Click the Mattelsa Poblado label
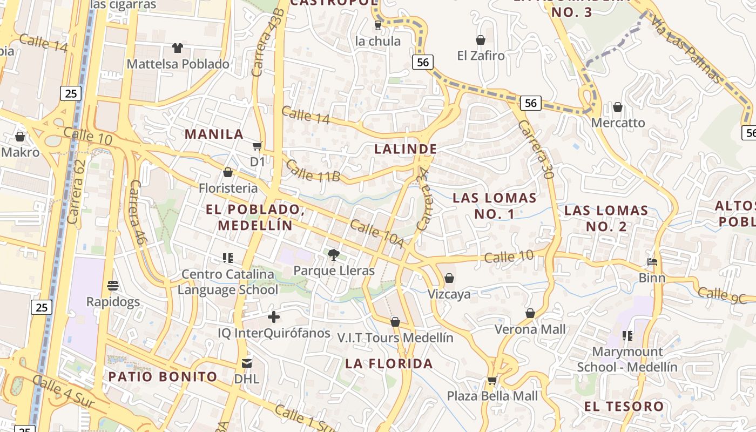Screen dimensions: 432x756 click(x=178, y=64)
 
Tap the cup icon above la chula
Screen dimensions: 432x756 click(x=378, y=25)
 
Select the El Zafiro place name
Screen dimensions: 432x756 click(x=481, y=55)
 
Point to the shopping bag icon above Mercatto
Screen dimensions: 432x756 click(x=618, y=107)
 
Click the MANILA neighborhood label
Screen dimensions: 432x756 click(x=214, y=134)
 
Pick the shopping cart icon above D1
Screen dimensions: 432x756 click(x=258, y=146)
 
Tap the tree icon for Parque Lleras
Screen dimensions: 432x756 click(x=334, y=254)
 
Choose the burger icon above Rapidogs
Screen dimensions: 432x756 click(x=113, y=285)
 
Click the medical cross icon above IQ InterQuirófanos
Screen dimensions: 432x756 click(x=274, y=317)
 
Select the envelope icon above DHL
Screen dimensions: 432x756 click(x=247, y=363)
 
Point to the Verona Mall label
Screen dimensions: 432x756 click(x=530, y=329)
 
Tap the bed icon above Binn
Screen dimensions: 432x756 click(x=652, y=262)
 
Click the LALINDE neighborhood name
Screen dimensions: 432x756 click(x=406, y=148)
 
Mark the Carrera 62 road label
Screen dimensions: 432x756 click(x=77, y=192)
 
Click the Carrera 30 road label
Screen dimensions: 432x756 click(x=536, y=149)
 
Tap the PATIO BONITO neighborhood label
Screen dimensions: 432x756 click(x=163, y=376)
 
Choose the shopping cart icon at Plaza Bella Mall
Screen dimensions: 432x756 click(x=492, y=380)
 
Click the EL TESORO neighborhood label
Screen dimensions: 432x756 click(x=624, y=406)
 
